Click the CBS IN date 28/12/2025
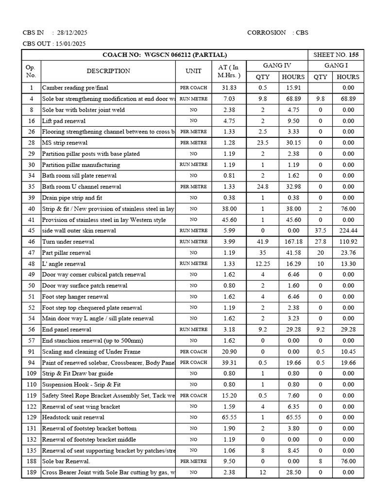tap(72, 33)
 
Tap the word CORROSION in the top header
tap(267, 33)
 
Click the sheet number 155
tap(354, 55)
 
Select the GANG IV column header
tap(277, 66)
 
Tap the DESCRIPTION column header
tap(108, 71)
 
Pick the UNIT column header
tap(193, 71)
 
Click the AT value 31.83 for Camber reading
tap(229, 88)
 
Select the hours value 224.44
tap(348, 231)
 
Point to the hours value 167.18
tap(293, 242)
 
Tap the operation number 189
tap(31, 472)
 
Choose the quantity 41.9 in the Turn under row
tap(262, 242)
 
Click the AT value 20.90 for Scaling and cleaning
tap(229, 351)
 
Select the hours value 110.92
tap(348, 242)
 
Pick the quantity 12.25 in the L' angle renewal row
tap(262, 264)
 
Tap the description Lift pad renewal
tap(64, 121)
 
